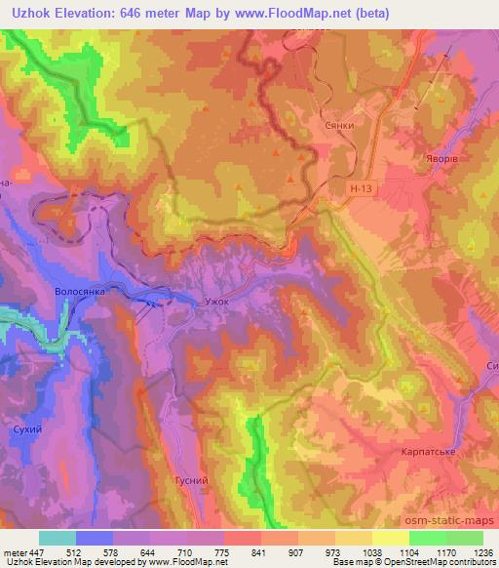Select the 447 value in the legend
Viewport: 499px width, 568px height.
pyautogui.click(x=36, y=552)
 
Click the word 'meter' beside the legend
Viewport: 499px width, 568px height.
pyautogui.click(x=14, y=552)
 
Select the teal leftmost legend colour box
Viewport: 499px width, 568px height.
pyautogui.click(x=57, y=538)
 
